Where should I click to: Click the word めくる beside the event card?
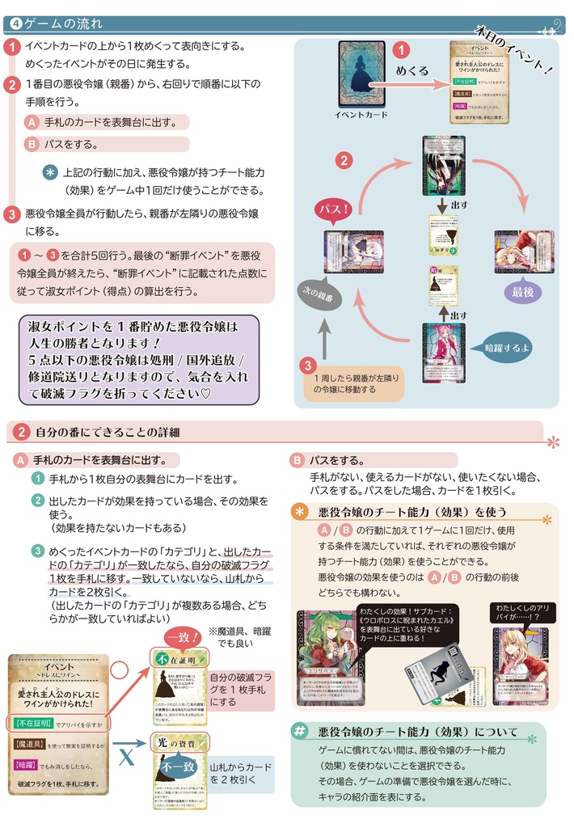coord(412,70)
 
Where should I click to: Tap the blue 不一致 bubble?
coord(178,766)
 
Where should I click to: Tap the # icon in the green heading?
coord(300,731)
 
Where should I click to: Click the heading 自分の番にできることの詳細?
coord(107,432)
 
